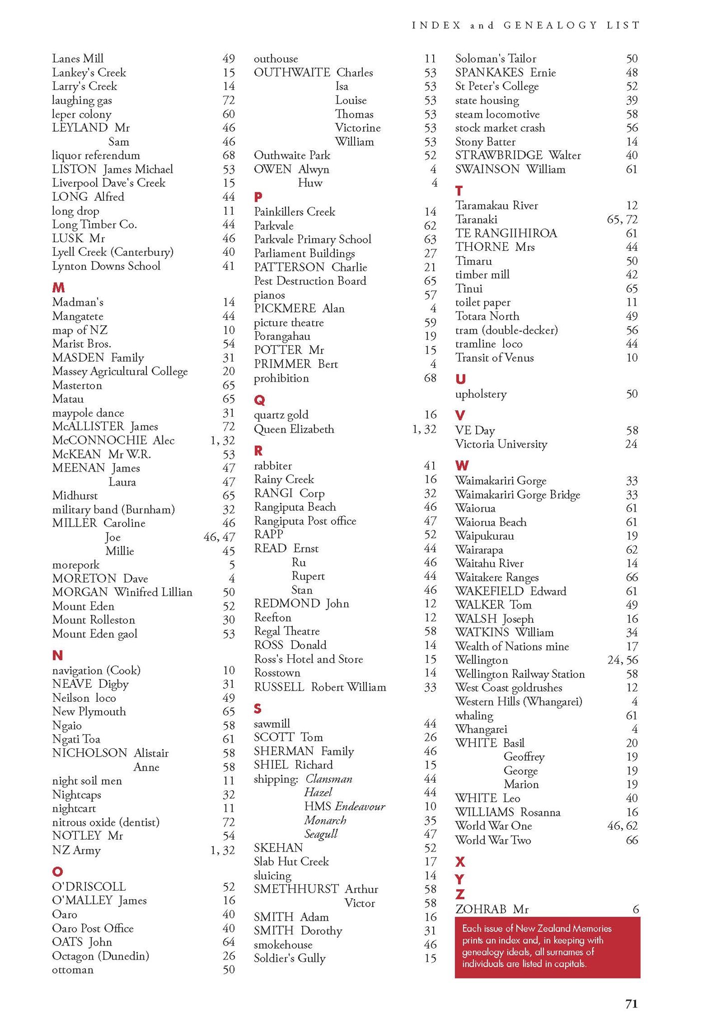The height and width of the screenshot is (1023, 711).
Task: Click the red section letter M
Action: tap(58, 288)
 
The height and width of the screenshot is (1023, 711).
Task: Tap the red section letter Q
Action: tap(259, 400)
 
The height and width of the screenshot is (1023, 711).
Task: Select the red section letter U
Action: tap(460, 380)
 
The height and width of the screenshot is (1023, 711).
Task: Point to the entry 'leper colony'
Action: tap(81, 114)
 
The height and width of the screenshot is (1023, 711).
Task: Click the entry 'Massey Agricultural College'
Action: tap(120, 372)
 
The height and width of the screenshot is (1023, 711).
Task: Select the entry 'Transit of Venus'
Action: tap(494, 358)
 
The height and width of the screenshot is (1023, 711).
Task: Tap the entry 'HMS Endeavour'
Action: tap(344, 806)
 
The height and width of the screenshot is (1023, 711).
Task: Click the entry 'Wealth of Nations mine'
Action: tap(512, 647)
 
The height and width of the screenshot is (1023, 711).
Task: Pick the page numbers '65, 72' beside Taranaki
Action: tap(622, 220)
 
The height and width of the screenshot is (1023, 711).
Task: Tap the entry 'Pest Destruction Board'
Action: tap(310, 281)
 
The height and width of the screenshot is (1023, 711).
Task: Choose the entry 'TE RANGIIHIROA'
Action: tap(506, 234)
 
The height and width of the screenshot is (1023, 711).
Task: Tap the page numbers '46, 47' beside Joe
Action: tap(219, 537)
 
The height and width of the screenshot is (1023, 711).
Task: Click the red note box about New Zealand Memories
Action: tap(547, 947)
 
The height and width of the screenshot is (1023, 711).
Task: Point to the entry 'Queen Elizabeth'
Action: tap(294, 430)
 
